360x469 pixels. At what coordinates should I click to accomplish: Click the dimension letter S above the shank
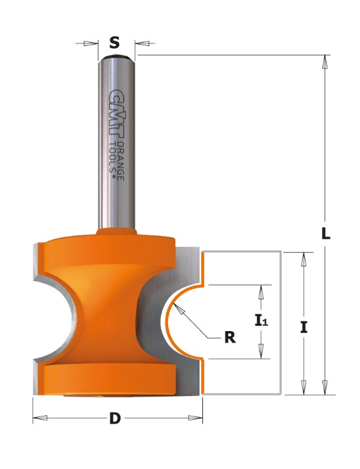114,43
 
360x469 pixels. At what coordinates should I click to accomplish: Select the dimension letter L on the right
326,233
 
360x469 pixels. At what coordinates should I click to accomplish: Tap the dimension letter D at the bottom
115,418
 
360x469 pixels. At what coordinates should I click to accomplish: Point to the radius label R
230,338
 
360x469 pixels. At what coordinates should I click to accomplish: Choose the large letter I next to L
304,327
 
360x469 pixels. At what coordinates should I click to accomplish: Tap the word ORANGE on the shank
120,161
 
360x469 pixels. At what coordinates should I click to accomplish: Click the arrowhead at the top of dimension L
325,62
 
